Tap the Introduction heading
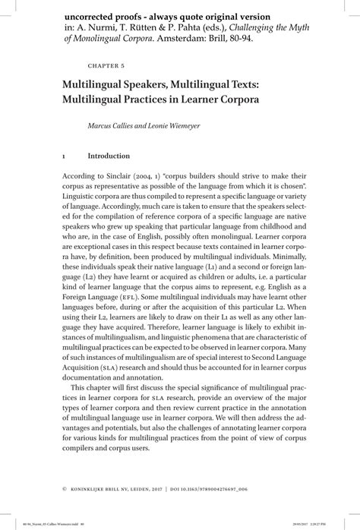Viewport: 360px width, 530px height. click(x=109, y=156)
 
